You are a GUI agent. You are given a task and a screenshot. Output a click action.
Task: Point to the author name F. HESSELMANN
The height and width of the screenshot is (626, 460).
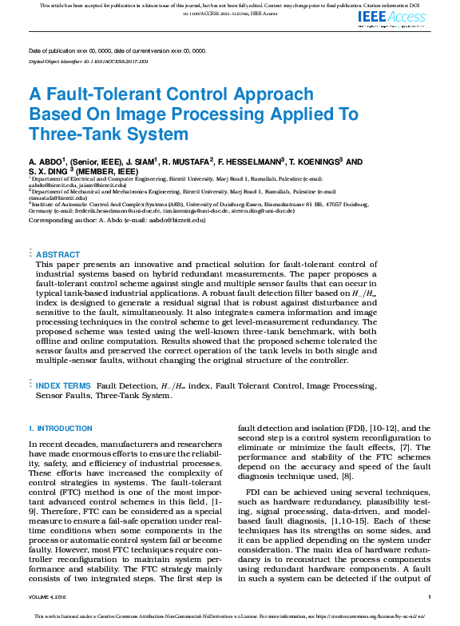click(249, 161)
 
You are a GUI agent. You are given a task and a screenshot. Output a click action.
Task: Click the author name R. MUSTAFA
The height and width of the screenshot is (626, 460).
click(186, 161)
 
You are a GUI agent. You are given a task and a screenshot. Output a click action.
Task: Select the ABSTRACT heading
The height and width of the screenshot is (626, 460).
click(58, 254)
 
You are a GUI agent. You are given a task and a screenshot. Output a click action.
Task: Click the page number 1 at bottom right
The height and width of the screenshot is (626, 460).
click(429, 597)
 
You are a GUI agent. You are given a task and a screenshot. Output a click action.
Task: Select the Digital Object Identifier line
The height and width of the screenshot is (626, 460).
click(89, 61)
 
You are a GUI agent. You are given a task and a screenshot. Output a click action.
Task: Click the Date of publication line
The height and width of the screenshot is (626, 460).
click(117, 50)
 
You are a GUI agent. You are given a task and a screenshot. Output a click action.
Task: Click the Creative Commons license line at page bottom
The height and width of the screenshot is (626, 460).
click(230, 616)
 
